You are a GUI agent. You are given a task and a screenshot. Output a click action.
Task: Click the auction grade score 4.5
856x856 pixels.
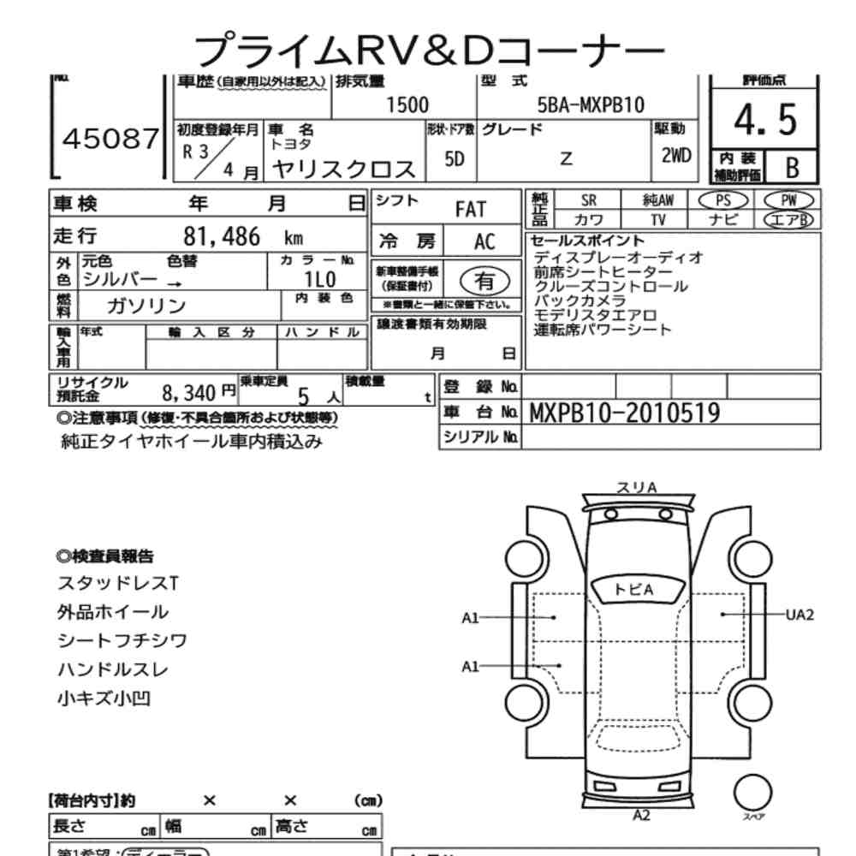[x=765, y=122]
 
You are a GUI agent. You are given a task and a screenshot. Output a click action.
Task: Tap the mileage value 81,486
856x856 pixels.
[x=222, y=237]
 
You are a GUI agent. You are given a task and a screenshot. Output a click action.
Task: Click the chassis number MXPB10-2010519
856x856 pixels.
[x=625, y=413]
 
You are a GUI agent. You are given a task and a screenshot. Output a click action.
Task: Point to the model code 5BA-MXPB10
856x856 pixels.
[x=590, y=105]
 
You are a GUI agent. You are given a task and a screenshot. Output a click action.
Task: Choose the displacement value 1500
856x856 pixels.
[x=407, y=105]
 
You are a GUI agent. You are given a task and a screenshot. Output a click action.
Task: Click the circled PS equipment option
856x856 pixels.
[x=723, y=199]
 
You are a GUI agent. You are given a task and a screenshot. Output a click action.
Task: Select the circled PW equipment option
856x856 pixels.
[x=788, y=199]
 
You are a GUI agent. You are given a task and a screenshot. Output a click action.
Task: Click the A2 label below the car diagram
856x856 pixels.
[x=641, y=814]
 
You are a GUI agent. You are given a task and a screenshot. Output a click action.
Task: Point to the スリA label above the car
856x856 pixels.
[x=637, y=487]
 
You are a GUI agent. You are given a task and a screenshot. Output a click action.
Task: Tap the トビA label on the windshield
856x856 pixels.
[x=634, y=589]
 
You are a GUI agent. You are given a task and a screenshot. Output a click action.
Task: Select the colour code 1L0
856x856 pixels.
[x=320, y=279]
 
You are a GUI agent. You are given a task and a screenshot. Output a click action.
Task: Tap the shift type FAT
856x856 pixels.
[x=470, y=209]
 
